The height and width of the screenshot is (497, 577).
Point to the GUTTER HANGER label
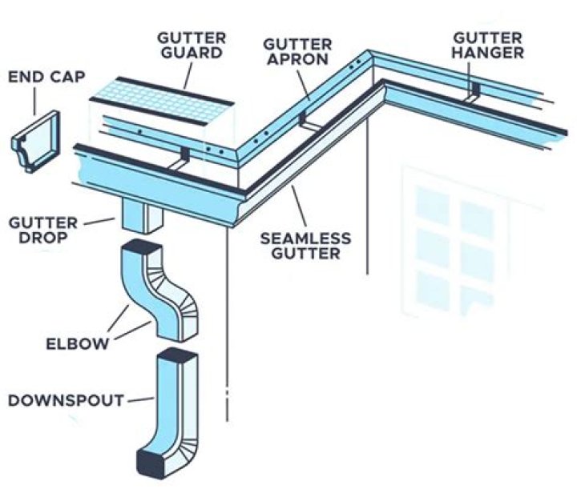488,45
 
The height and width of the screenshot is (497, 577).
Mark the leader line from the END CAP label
35,99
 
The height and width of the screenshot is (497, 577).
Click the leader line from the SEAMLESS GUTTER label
301,208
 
